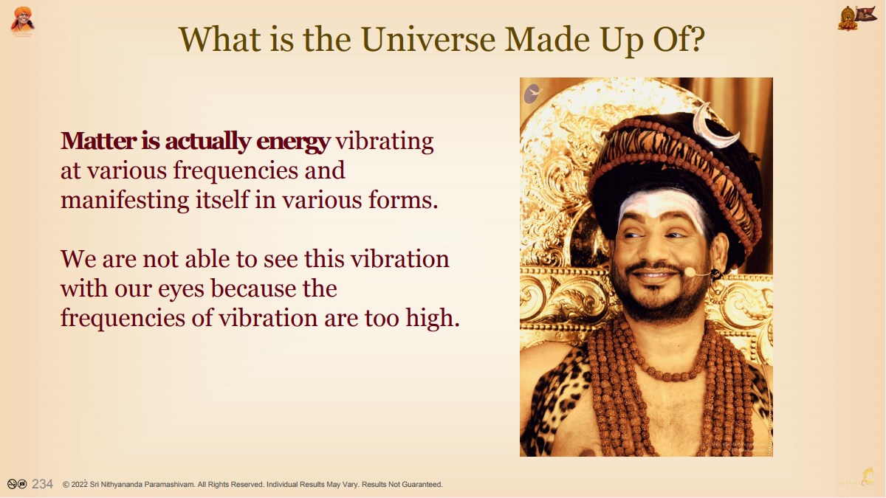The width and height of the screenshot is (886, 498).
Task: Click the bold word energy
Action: (293, 142)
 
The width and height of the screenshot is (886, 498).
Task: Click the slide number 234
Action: (42, 484)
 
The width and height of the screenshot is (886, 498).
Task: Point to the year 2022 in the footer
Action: (79, 484)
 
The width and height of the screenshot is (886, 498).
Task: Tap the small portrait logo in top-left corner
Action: (22, 20)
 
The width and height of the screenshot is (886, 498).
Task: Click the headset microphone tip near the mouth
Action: (690, 272)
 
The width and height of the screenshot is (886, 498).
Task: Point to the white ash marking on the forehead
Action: (660, 207)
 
